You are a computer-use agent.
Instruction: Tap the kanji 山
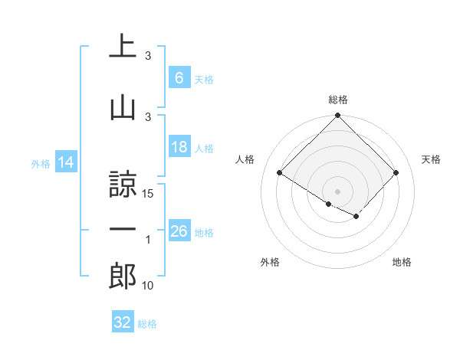click(122, 106)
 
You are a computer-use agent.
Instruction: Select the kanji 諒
click(122, 184)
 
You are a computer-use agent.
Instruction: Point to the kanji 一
click(122, 230)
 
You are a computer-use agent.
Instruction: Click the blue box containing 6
click(179, 78)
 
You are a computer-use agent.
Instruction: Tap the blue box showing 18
click(179, 147)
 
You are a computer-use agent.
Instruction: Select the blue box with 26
click(179, 231)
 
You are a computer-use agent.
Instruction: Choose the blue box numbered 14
click(66, 162)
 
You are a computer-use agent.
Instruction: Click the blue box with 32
click(123, 322)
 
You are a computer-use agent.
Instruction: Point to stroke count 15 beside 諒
click(149, 194)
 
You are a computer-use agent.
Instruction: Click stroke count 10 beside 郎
click(149, 286)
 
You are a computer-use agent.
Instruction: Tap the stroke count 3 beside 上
click(148, 56)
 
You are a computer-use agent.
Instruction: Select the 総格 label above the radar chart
click(337, 100)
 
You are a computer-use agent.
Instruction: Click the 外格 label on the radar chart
click(269, 262)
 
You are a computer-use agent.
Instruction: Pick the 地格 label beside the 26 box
click(204, 232)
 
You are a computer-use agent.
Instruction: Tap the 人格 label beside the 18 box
click(204, 148)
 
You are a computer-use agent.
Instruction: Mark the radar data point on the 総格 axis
click(337, 116)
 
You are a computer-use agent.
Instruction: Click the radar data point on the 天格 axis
click(396, 173)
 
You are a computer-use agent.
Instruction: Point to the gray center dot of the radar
click(337, 190)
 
